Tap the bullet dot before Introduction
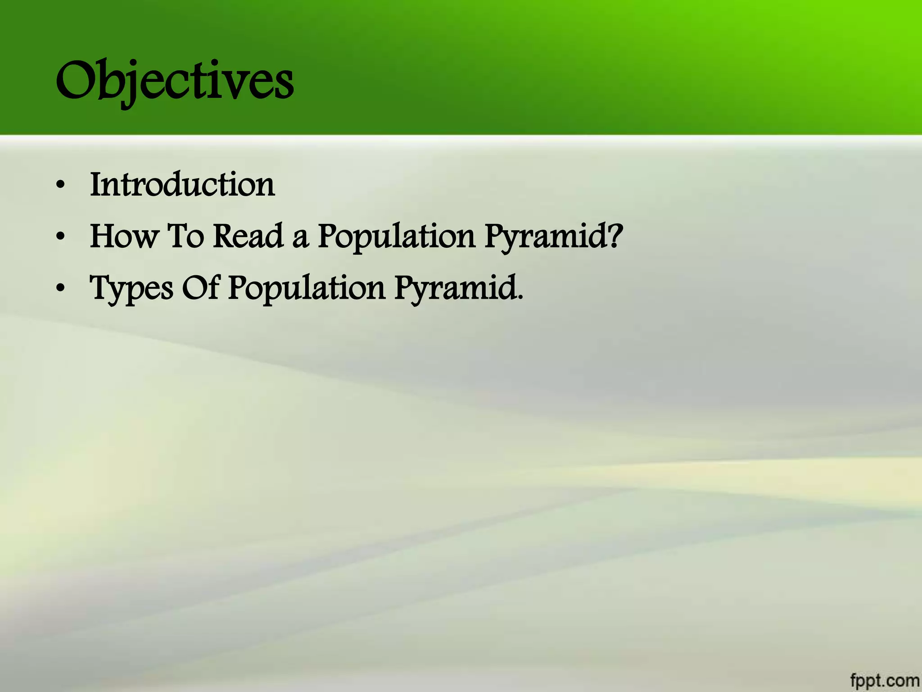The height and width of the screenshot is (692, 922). [61, 185]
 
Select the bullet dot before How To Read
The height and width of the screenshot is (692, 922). [61, 237]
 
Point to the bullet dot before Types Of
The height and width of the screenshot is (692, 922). [61, 289]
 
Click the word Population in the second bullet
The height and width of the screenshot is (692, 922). [396, 237]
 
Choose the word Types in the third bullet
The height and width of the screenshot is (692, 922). [131, 288]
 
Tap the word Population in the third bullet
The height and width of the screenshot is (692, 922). [306, 289]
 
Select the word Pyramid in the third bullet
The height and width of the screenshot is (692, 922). [455, 289]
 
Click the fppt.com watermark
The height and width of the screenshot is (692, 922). [885, 680]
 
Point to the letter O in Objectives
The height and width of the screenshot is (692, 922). [77, 81]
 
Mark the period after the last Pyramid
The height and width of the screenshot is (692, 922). [520, 298]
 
